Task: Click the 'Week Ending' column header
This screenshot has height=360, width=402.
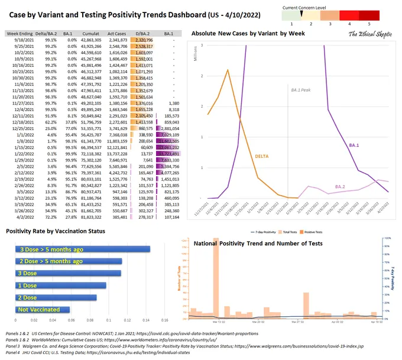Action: coord(20,34)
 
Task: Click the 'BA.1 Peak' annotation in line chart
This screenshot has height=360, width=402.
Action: coord(302,90)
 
